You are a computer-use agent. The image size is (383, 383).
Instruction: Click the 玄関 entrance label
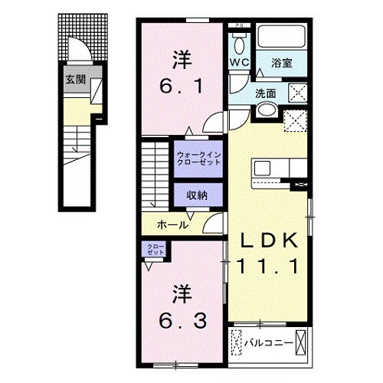74,80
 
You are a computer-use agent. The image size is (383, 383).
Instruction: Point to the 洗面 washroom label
267,93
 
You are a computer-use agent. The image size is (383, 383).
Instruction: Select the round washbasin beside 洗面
266,111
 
